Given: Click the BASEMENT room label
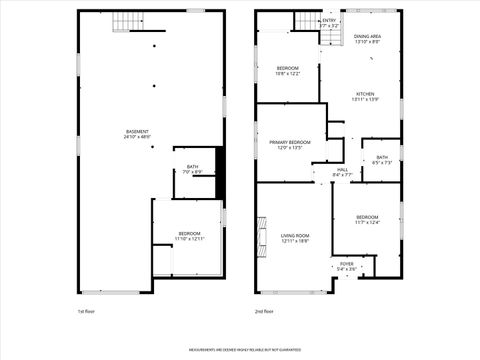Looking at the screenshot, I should coord(137,131).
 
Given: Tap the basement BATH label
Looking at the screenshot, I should coord(191,167).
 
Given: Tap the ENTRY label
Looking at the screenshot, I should coord(329,20).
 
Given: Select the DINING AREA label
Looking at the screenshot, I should coord(368,37).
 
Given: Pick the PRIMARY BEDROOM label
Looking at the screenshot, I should coord(290,143).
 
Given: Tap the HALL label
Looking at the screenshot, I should coord(342,170).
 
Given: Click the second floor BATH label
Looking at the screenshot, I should coord(382,157).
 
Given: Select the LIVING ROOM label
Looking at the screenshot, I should coord(295,236).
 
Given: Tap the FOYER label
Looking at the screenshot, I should coord(346,264).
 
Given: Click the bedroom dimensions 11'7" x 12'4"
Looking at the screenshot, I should coord(368,222).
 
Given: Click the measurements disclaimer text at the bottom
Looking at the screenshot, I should coord(240,350).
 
